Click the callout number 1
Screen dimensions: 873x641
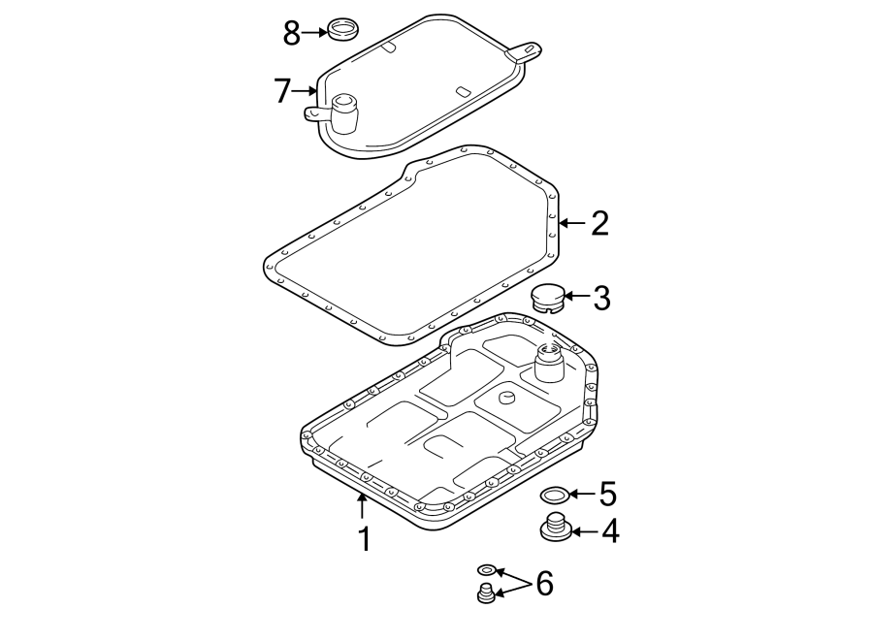pyautogui.click(x=364, y=538)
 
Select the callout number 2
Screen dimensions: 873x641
pyautogui.click(x=599, y=224)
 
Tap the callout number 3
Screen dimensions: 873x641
pyautogui.click(x=601, y=298)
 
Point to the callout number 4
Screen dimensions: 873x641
pyautogui.click(x=609, y=531)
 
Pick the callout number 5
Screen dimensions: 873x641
pyautogui.click(x=607, y=495)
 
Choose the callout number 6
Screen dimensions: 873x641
pyautogui.click(x=543, y=583)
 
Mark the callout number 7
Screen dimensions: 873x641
pyautogui.click(x=282, y=91)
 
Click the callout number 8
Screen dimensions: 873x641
pyautogui.click(x=291, y=33)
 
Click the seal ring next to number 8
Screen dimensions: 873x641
pyautogui.click(x=341, y=29)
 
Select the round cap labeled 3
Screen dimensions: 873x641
pyautogui.click(x=549, y=297)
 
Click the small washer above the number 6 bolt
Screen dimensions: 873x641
pyautogui.click(x=488, y=570)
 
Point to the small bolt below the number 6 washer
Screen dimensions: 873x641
pyautogui.click(x=487, y=594)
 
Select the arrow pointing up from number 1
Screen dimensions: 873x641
pyautogui.click(x=363, y=505)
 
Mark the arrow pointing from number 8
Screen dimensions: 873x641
pyautogui.click(x=315, y=32)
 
